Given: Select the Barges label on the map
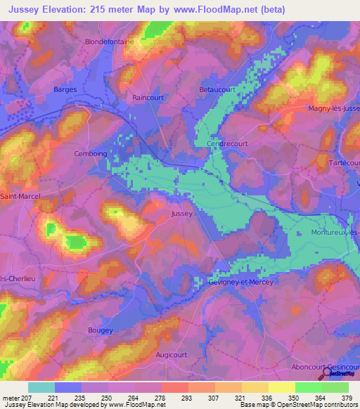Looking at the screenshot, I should tap(65, 89).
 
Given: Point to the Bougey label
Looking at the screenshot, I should tap(101, 328).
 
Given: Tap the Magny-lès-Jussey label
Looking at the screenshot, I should tap(334, 108).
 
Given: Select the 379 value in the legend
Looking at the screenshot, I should tap(348, 397).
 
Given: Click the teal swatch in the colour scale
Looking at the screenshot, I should tap(41, 387).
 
